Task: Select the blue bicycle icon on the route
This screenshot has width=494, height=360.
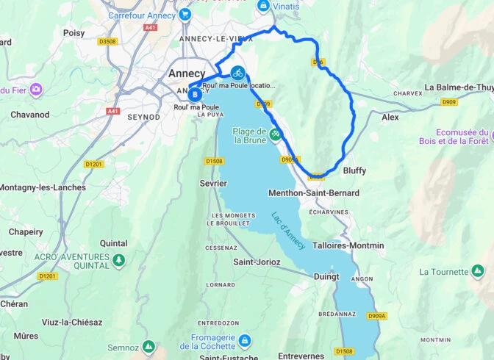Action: pos(237,72)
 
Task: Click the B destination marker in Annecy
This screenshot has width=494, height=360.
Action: pos(194,94)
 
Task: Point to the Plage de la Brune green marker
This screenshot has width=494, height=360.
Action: pos(275,134)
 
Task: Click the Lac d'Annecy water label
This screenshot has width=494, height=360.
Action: pos(288,231)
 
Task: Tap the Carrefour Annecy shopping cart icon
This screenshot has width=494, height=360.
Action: pos(185,14)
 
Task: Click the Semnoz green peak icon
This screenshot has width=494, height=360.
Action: pos(148,345)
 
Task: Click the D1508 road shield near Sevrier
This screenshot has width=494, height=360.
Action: pos(214,161)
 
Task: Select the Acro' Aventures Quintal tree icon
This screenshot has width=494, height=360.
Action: pos(118,260)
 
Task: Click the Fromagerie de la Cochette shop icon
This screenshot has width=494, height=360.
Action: pos(244,341)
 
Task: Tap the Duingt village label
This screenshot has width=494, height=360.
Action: pos(326,277)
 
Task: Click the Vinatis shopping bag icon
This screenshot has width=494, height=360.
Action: pos(262,6)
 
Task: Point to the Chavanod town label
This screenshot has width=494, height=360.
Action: pos(29,115)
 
